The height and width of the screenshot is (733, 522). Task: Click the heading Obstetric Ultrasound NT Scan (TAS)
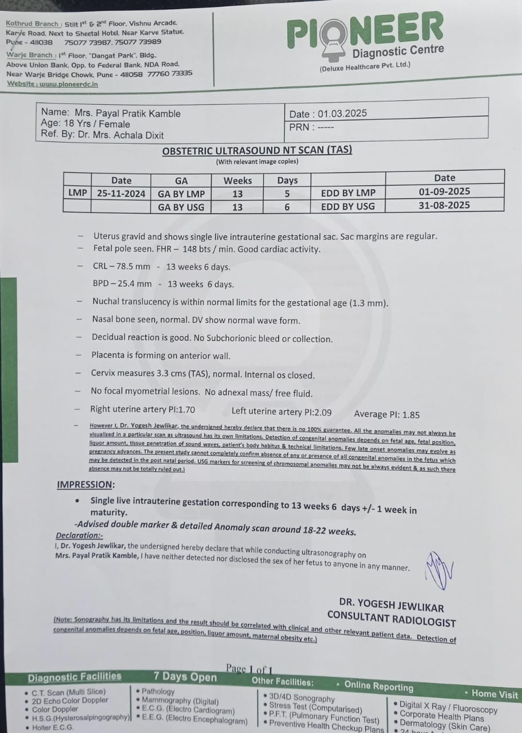[x=257, y=151]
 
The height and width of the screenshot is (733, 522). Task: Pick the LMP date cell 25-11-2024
[x=121, y=194]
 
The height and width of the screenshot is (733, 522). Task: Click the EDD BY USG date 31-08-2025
[x=444, y=206]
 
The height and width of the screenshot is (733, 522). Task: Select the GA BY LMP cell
[x=181, y=194]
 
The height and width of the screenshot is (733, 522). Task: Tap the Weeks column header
[x=238, y=180]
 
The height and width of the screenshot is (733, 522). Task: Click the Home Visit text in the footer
[x=495, y=693]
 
